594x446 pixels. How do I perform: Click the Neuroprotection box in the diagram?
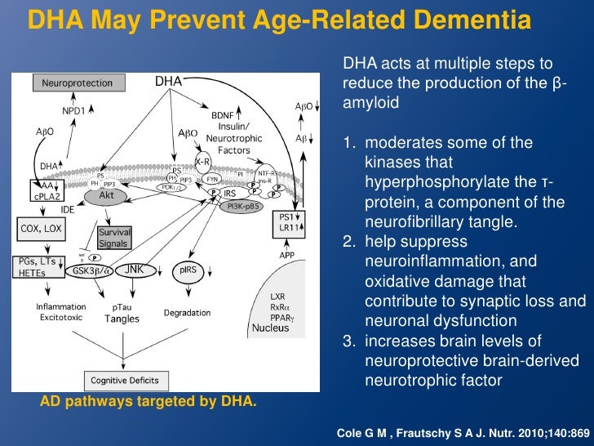tap(72, 83)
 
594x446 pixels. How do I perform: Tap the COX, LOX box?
tap(40, 228)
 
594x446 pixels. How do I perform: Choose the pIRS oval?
tap(188, 270)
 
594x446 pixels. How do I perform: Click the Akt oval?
tap(106, 197)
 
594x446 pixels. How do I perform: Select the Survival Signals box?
tap(115, 237)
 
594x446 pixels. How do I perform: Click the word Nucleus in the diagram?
tap(271, 328)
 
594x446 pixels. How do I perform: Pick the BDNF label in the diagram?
tap(223, 115)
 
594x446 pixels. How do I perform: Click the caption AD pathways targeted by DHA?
tap(148, 401)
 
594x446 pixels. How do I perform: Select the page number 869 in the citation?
tap(578, 430)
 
